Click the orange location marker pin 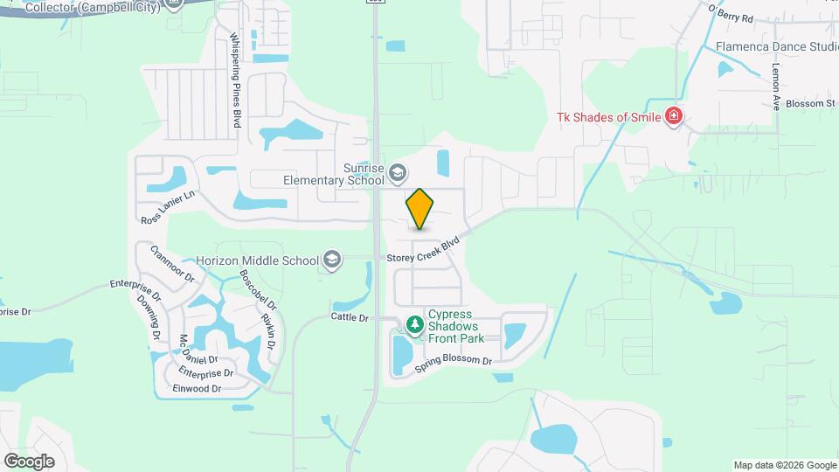pyautogui.click(x=420, y=208)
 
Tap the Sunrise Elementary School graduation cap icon pyautogui.click(x=398, y=172)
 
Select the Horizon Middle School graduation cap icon pyautogui.click(x=332, y=260)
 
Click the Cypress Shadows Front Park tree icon pyautogui.click(x=413, y=326)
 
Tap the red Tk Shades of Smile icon pyautogui.click(x=673, y=116)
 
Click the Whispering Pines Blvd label pyautogui.click(x=234, y=80)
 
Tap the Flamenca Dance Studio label pyautogui.click(x=777, y=46)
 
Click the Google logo pyautogui.click(x=29, y=461)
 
